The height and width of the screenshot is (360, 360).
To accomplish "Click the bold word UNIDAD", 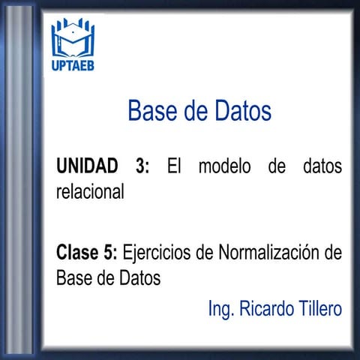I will pyautogui.click(x=87, y=166).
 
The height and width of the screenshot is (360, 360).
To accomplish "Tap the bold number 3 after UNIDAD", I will pyautogui.click(x=142, y=166).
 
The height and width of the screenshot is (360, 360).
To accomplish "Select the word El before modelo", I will pyautogui.click(x=174, y=166).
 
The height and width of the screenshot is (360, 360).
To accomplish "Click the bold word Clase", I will pyautogui.click(x=77, y=252).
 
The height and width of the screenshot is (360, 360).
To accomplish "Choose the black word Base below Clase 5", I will pyautogui.click(x=73, y=277).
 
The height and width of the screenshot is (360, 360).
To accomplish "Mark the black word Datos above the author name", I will pyautogui.click(x=139, y=277).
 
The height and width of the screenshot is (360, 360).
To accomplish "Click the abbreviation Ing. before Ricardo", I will pyautogui.click(x=221, y=309).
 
